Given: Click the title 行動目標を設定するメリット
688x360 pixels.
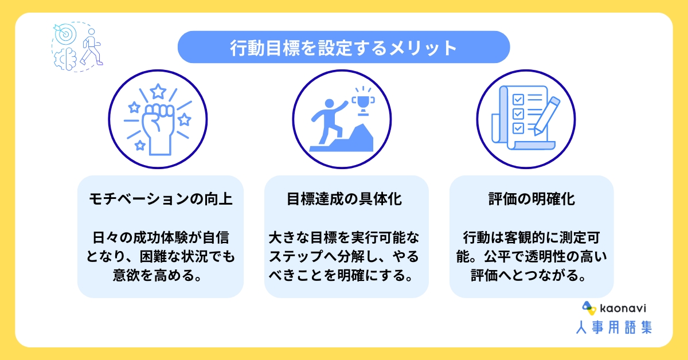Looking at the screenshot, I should point(343,47).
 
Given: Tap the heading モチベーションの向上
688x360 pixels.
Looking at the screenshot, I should point(161,199).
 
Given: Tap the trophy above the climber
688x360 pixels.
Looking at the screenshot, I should point(362,101).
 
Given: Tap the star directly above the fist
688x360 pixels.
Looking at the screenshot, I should point(158,91).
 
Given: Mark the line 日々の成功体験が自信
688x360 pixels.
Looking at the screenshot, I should point(161,237).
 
